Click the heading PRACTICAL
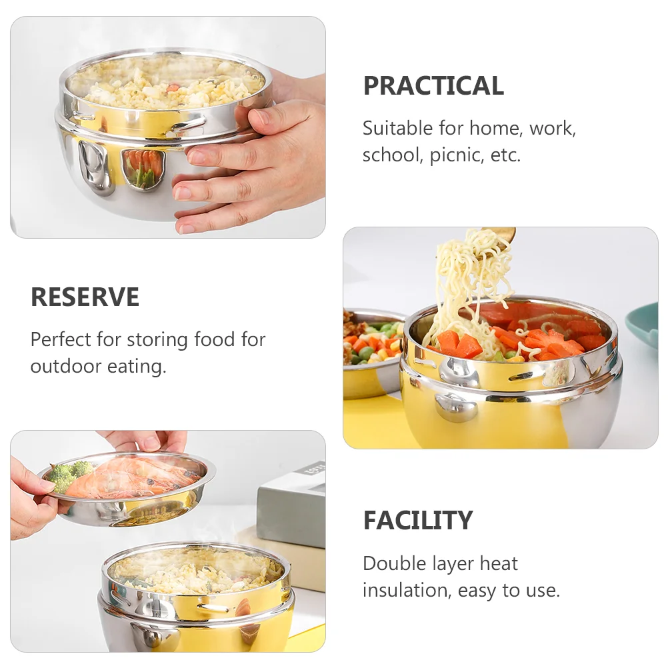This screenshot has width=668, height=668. point(433,86)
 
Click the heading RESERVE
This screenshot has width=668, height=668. point(85,297)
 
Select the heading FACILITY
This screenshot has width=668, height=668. point(418,521)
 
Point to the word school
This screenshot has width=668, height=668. point(391,155)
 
